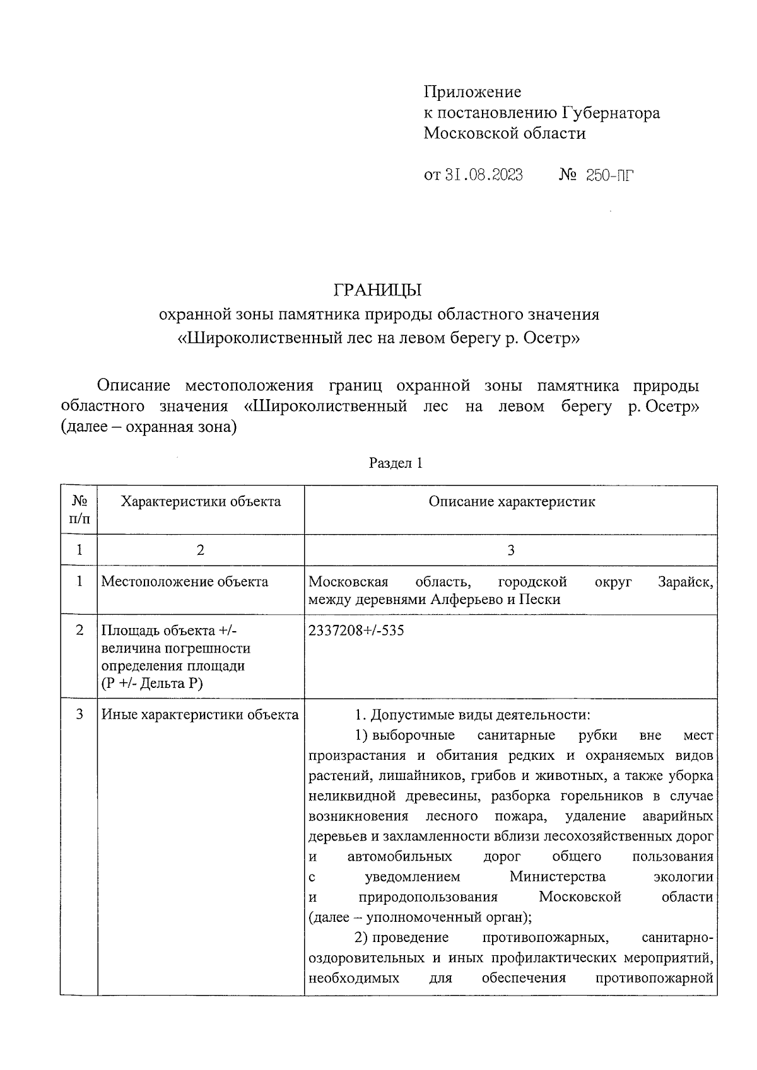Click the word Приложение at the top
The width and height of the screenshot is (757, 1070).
pyautogui.click(x=472, y=92)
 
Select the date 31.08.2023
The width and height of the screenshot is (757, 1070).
pyautogui.click(x=483, y=175)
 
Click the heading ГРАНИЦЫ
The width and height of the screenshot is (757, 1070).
pyautogui.click(x=377, y=290)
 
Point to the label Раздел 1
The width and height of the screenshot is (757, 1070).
pyautogui.click(x=396, y=463)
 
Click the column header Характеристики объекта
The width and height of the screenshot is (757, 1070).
pyautogui.click(x=201, y=502)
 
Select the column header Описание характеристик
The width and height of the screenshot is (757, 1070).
pyautogui.click(x=512, y=502)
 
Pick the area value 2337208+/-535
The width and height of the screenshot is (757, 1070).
pyautogui.click(x=356, y=630)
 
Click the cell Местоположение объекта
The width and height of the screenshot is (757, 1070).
pyautogui.click(x=185, y=581)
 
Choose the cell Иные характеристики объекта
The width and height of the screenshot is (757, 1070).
pyautogui.click(x=200, y=714)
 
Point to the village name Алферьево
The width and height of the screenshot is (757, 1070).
pyautogui.click(x=467, y=599)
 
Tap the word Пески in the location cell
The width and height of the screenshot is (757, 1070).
pyautogui.click(x=540, y=599)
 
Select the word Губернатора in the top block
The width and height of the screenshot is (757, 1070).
pyautogui.click(x=611, y=113)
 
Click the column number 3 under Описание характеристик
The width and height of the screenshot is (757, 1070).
pyautogui.click(x=511, y=550)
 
